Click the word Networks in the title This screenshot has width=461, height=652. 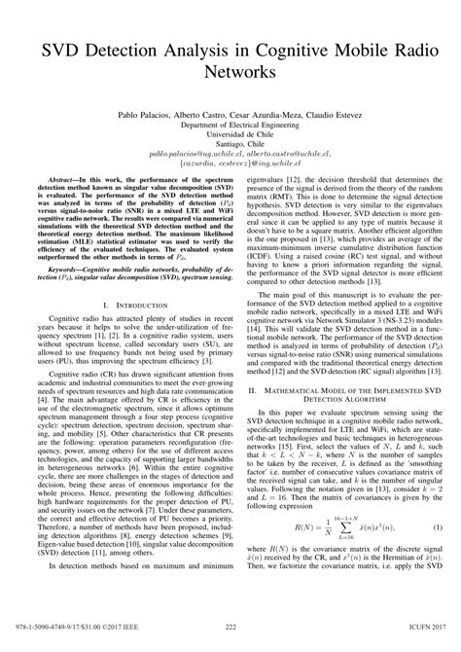click(x=230, y=71)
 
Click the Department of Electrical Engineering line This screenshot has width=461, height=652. click(x=230, y=126)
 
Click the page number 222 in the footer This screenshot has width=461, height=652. click(x=230, y=639)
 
